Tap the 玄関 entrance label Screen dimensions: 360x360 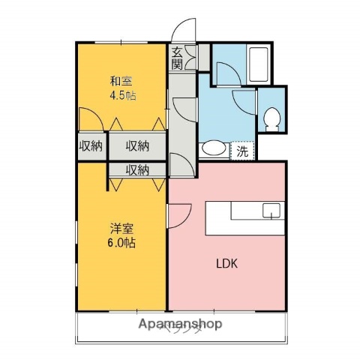coord(177,58)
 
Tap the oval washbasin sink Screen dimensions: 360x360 coord(214,148)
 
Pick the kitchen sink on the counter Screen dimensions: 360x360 coord(270,209)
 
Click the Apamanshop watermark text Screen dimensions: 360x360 coord(180,324)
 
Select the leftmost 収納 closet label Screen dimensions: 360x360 coord(91,145)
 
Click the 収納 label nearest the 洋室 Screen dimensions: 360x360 coord(136,170)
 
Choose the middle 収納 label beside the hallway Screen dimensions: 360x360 coord(136,145)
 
